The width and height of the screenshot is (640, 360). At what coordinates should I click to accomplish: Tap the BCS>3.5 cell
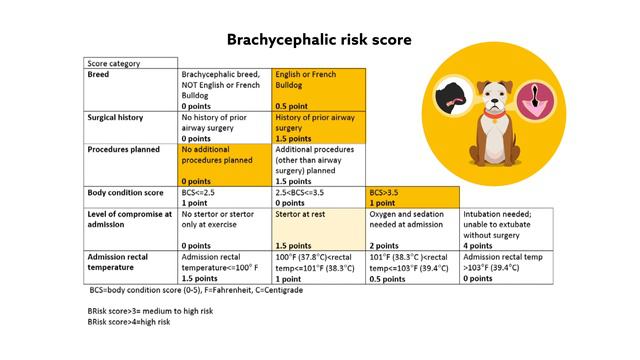pos(412,196)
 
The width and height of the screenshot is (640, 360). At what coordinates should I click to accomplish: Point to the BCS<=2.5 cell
pos(225,196)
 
